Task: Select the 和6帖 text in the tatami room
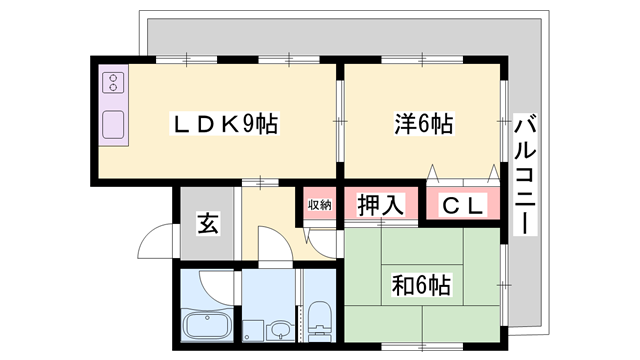(x=421, y=285)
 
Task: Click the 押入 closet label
(x=380, y=206)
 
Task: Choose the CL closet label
(x=463, y=206)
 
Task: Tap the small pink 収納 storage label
(x=318, y=205)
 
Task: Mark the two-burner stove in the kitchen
(x=114, y=83)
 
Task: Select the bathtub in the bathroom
(x=208, y=325)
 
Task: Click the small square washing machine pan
(x=251, y=330)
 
